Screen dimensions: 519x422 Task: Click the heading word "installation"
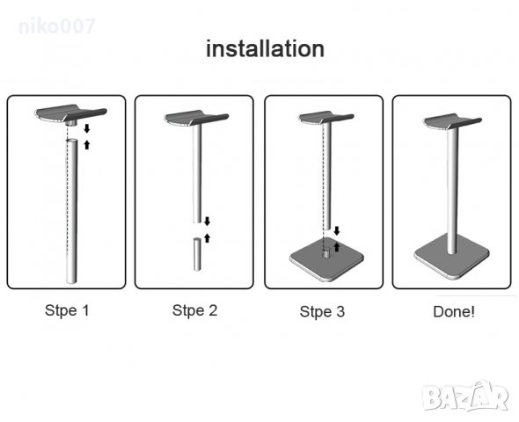tap(265, 49)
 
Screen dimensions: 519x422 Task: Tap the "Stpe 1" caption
tap(67, 310)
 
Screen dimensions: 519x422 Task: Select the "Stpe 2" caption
tap(195, 310)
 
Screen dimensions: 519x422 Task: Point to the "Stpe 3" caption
tap(322, 311)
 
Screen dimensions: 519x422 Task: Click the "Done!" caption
tap(454, 311)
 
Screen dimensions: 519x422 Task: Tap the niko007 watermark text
tap(57, 26)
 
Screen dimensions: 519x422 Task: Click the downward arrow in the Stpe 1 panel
tap(87, 128)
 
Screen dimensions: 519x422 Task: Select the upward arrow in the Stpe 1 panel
tap(87, 144)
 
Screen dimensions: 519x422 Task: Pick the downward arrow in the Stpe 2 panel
tap(208, 222)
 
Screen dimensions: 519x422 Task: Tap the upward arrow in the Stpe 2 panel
tap(208, 237)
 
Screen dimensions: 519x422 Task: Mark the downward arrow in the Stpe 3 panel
tap(337, 231)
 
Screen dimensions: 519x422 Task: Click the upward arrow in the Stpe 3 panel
tap(337, 247)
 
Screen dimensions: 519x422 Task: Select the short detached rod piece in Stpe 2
tap(197, 254)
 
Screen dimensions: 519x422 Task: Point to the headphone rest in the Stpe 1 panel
tap(71, 113)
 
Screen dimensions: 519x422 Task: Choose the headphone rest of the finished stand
tap(452, 121)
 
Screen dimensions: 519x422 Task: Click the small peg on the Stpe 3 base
tap(326, 254)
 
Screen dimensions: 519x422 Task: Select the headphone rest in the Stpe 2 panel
tap(196, 118)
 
